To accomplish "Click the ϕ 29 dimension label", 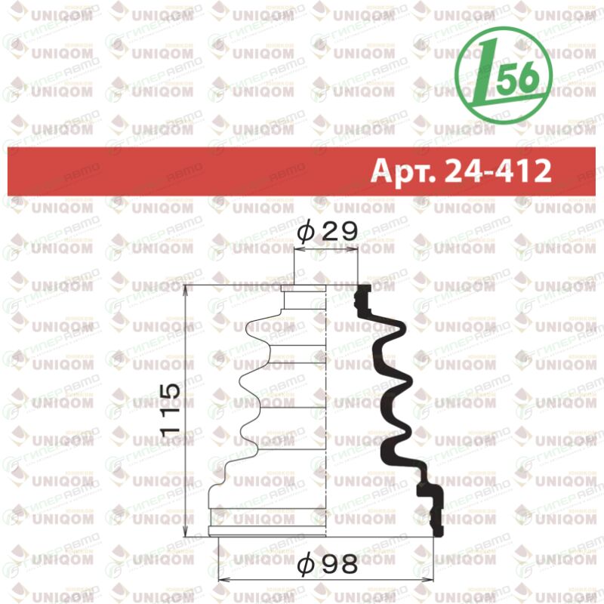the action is (328, 232).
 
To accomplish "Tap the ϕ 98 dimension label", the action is (328, 564).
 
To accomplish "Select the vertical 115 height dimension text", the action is (171, 409).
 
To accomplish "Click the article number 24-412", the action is (498, 171).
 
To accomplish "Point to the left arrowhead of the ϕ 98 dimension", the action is (223, 579).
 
